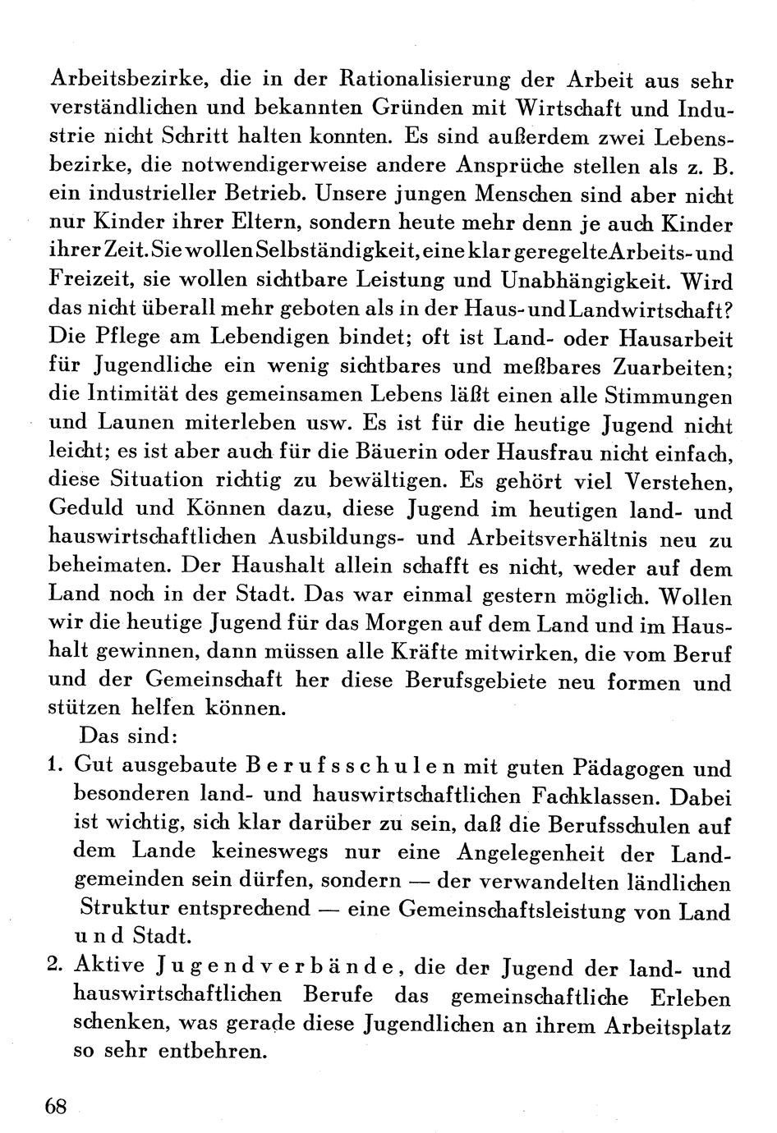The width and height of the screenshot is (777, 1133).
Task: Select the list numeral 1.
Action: [56, 767]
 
